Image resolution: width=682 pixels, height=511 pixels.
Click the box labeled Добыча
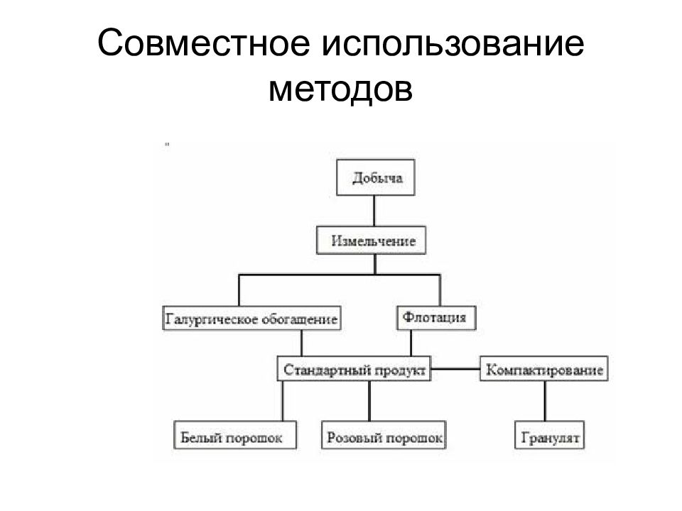(376, 177)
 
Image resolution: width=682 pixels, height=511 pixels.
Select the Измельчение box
(371, 240)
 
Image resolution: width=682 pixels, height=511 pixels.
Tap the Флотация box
(436, 318)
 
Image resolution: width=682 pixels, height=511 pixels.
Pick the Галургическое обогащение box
(251, 318)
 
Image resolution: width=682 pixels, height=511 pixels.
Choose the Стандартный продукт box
(354, 369)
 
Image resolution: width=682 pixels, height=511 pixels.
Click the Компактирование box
(543, 369)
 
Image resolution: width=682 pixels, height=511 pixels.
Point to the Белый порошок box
(235, 434)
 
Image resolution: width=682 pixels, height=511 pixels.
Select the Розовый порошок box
(384, 434)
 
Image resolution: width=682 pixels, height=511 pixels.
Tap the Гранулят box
(549, 434)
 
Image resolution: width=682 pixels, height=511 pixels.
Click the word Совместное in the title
(204, 43)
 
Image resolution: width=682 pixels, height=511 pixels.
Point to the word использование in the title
(453, 44)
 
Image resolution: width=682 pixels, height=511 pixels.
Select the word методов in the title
(340, 89)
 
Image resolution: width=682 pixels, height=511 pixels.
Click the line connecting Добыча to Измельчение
(374, 211)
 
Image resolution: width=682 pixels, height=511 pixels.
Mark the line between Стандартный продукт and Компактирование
(455, 369)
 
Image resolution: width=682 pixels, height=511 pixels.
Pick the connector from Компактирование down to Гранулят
(545, 401)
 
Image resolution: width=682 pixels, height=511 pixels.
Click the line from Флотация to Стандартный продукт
(411, 344)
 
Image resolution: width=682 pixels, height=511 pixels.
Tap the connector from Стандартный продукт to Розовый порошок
(369, 401)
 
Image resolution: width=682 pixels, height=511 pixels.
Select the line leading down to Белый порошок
(282, 401)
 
